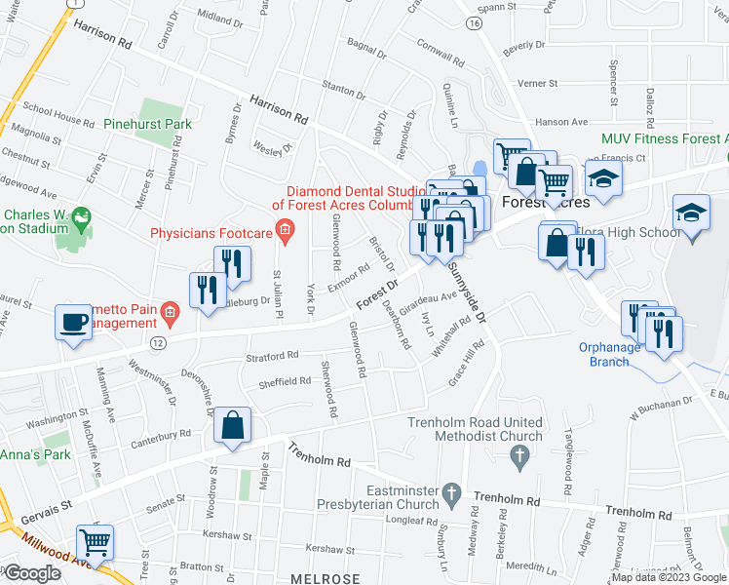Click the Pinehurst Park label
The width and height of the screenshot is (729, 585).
click(x=149, y=124)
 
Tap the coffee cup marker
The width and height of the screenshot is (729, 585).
click(x=73, y=323)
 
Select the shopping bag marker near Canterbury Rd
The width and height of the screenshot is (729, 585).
click(x=234, y=426)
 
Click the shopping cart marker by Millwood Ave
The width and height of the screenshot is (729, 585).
click(x=95, y=541)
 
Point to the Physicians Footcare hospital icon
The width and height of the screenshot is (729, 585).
click(x=285, y=232)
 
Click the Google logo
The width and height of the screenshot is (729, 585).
click(x=32, y=573)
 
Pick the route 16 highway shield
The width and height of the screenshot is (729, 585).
click(x=474, y=21)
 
